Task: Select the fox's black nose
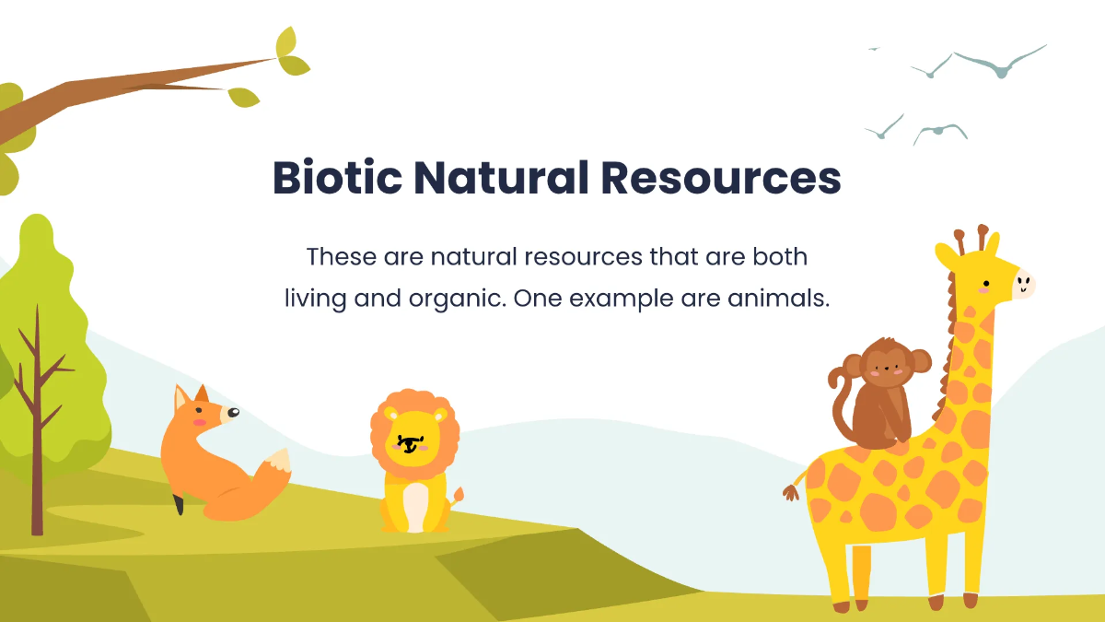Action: click(235, 412)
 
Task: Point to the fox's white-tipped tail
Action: click(276, 463)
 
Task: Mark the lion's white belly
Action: click(415, 504)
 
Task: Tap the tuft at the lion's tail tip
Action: click(458, 495)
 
